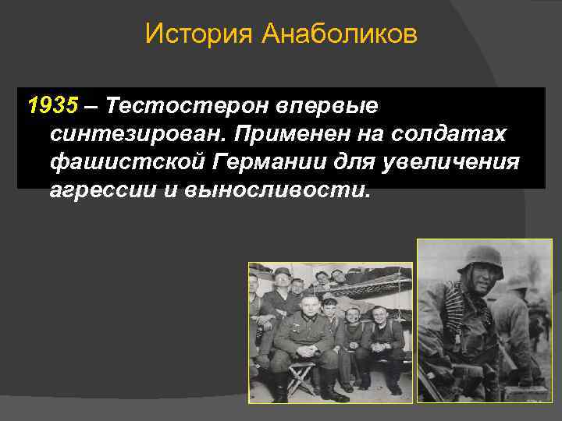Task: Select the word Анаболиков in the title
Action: click(340, 34)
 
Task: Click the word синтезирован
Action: click(133, 134)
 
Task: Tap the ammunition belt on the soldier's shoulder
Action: click(457, 312)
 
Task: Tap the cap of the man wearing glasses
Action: click(282, 272)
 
